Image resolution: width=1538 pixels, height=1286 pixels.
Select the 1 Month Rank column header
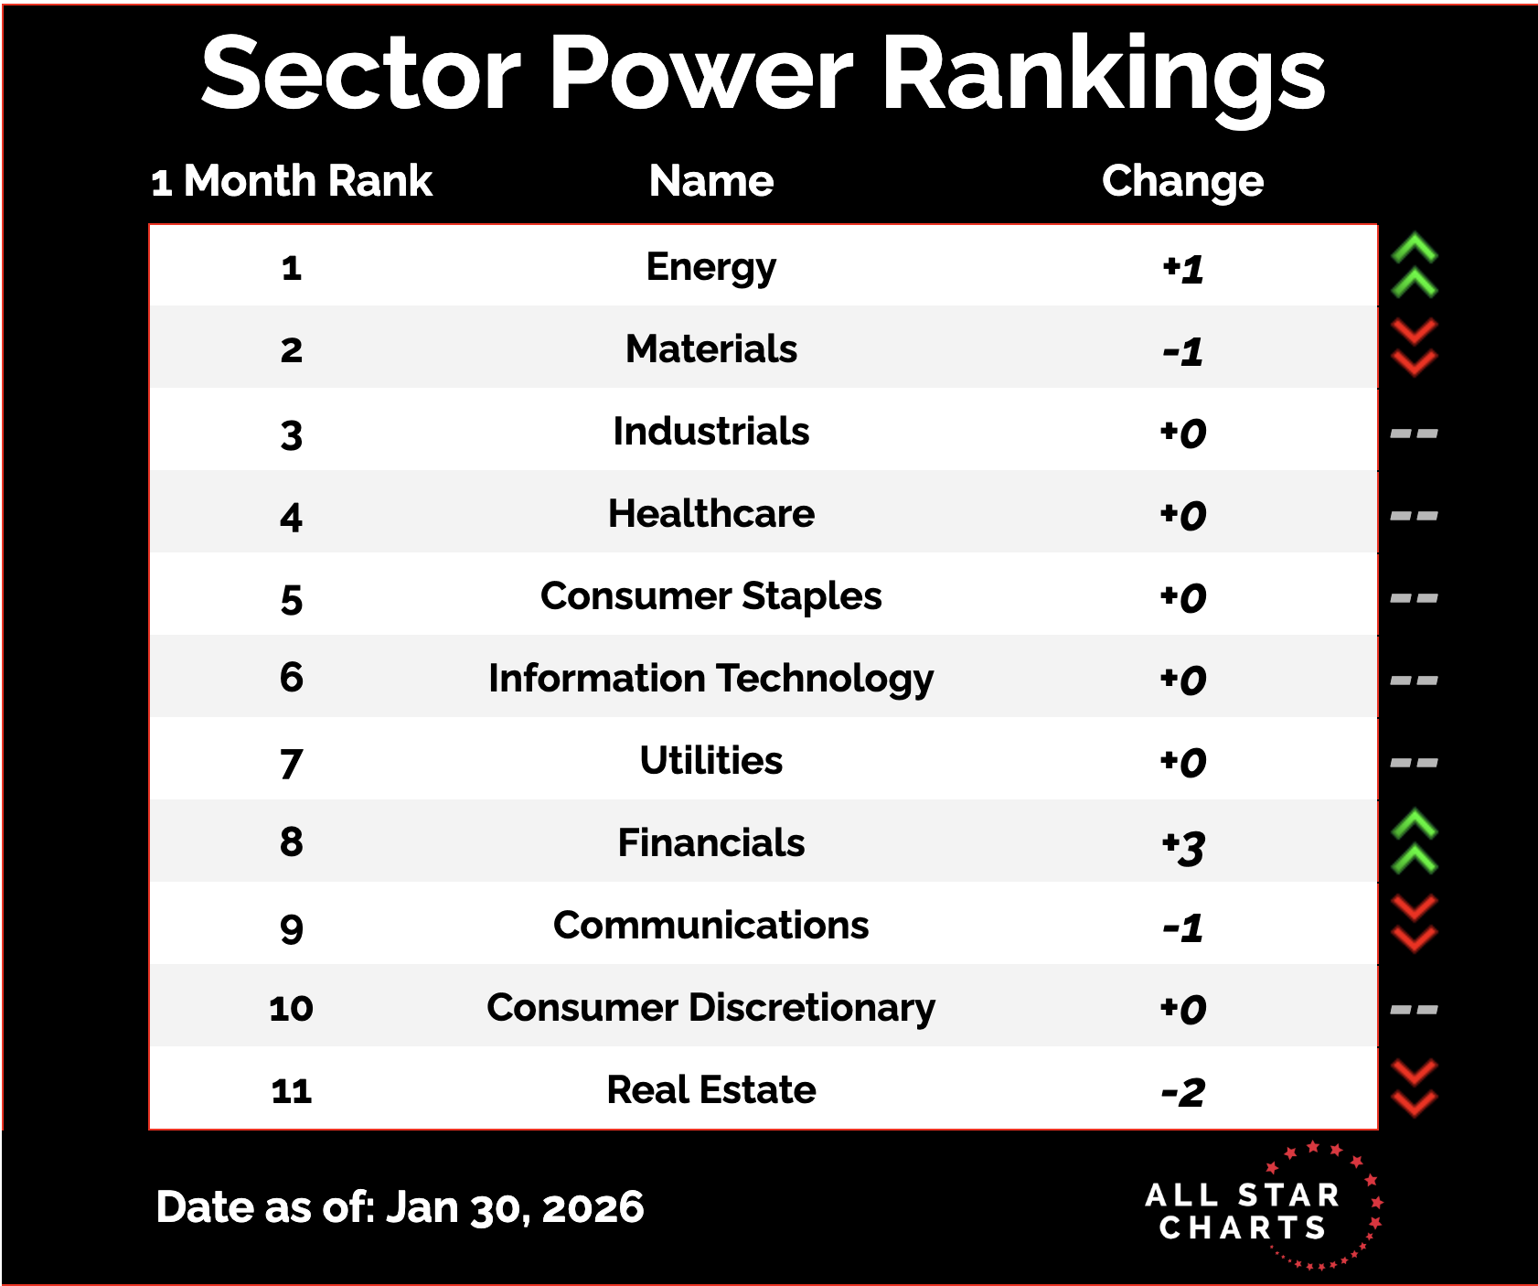tap(291, 181)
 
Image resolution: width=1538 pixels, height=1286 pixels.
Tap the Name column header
tap(711, 181)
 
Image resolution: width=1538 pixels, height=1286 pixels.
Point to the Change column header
tap(1182, 181)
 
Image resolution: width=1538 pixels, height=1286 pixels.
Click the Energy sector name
tap(711, 267)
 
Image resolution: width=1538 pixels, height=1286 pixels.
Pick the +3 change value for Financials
tap(1183, 846)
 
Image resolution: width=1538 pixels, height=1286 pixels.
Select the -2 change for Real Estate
tap(1183, 1092)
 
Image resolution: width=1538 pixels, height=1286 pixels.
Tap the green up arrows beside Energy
tap(1414, 266)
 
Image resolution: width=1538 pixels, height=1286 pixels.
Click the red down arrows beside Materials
tap(1414, 348)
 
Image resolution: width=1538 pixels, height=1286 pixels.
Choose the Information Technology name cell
tap(711, 679)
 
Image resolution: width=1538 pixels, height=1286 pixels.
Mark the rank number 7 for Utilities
tap(291, 764)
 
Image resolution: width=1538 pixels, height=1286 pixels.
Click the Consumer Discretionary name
tap(711, 1008)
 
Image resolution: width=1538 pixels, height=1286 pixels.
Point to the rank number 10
tap(291, 1009)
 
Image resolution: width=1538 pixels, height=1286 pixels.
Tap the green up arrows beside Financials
tap(1414, 841)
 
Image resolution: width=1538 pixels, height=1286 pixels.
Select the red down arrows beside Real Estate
tap(1414, 1088)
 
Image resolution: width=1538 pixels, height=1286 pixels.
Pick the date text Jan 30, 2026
tap(515, 1207)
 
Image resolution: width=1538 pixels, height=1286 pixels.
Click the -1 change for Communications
tap(1183, 927)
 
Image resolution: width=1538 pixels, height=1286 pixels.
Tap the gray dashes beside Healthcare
tap(1414, 516)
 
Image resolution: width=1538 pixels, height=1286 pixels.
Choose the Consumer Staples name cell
tap(711, 596)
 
